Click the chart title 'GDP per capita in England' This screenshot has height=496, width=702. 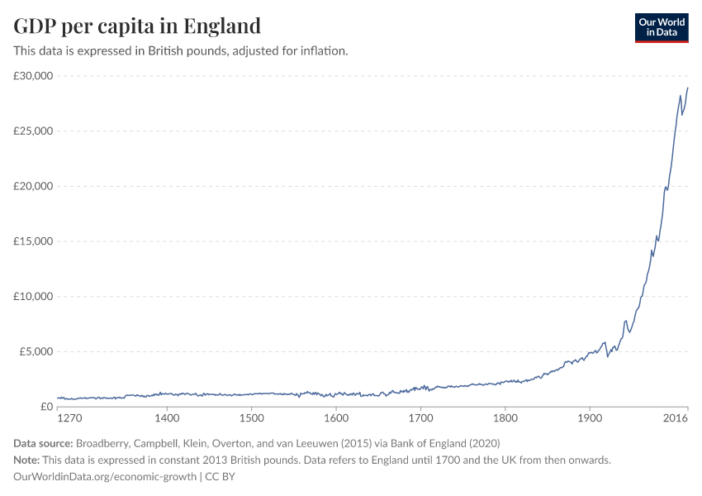click(137, 26)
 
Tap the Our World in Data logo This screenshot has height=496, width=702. click(661, 26)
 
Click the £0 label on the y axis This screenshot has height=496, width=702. click(46, 407)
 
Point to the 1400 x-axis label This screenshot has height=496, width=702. click(167, 420)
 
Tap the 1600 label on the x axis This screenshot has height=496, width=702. click(335, 420)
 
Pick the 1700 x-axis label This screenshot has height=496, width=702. click(420, 420)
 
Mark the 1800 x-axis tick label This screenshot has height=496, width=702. click(505, 420)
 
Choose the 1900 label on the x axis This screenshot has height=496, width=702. click(589, 420)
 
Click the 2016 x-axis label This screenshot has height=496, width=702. click(676, 420)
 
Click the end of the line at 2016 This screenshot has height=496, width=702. click(687, 88)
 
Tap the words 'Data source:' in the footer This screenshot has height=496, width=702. click(48, 443)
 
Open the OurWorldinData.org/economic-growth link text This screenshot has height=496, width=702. click(105, 477)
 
